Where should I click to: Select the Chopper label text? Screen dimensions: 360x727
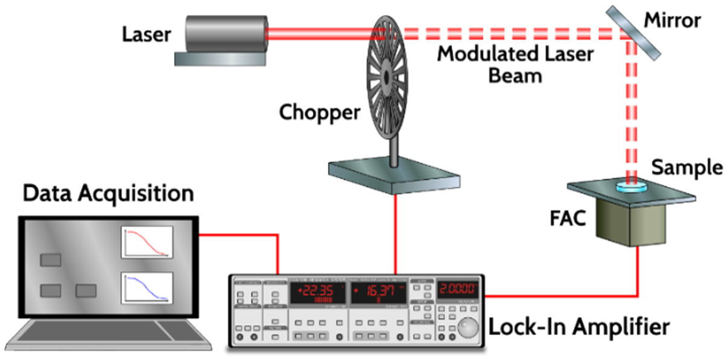[319, 112]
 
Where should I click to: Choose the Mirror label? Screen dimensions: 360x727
[672, 21]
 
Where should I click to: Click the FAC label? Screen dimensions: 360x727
[568, 217]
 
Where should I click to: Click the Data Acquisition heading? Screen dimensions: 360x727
[109, 194]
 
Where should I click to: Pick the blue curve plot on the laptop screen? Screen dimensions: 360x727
[147, 288]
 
